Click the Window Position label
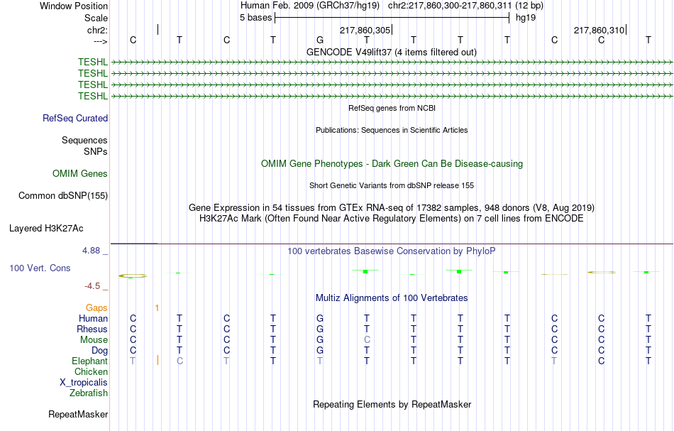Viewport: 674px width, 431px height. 74,6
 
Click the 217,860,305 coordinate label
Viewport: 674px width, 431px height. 365,30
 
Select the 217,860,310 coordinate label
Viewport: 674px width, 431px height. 599,30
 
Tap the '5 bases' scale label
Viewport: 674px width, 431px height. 255,18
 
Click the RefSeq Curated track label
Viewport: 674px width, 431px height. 75,119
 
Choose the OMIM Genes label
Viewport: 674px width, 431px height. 80,173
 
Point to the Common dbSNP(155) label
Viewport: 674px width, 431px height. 63,196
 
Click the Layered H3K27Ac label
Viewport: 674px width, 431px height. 46,229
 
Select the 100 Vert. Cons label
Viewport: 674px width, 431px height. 40,268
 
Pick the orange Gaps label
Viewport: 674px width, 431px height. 96,307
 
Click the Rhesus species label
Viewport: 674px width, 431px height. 92,329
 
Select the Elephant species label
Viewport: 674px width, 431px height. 90,361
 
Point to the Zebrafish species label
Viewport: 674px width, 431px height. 89,393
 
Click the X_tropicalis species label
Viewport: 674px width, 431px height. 84,383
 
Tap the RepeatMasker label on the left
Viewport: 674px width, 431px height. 78,414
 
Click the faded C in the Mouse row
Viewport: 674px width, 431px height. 367,340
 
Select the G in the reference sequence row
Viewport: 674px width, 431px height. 320,40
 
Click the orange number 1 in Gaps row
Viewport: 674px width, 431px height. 157,307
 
